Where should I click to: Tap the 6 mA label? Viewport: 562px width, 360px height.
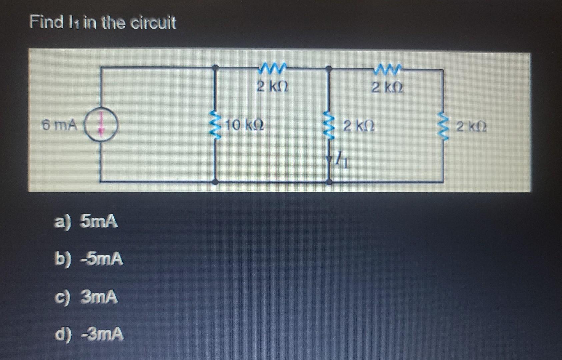click(x=59, y=125)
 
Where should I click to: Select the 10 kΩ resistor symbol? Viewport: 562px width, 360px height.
click(x=215, y=126)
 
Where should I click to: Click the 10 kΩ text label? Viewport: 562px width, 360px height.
click(x=245, y=126)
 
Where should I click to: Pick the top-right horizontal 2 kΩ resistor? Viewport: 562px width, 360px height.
click(x=387, y=70)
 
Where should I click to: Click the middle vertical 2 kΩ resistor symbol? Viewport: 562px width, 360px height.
click(x=329, y=126)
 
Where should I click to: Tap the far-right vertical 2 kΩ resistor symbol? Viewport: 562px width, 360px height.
click(x=443, y=127)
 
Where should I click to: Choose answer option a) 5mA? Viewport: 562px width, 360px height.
click(x=86, y=221)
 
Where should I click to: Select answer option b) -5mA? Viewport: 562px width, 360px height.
click(x=89, y=259)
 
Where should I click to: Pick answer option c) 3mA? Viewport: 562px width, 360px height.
click(x=86, y=297)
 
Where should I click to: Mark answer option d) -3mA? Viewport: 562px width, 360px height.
click(x=89, y=334)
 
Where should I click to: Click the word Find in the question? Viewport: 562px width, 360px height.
click(x=46, y=22)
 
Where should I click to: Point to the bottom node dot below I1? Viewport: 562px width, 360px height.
click(x=329, y=182)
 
